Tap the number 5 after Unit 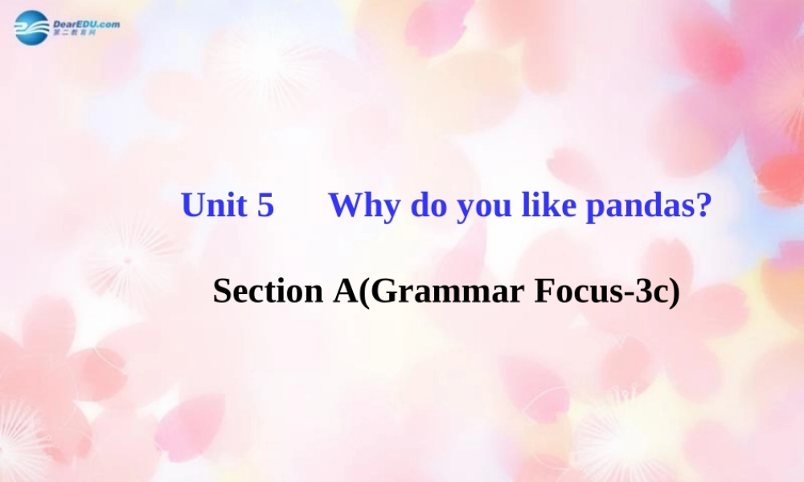(265, 206)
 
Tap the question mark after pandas (704, 206)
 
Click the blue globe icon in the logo (31, 27)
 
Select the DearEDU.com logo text (85, 24)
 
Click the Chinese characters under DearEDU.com (74, 34)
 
